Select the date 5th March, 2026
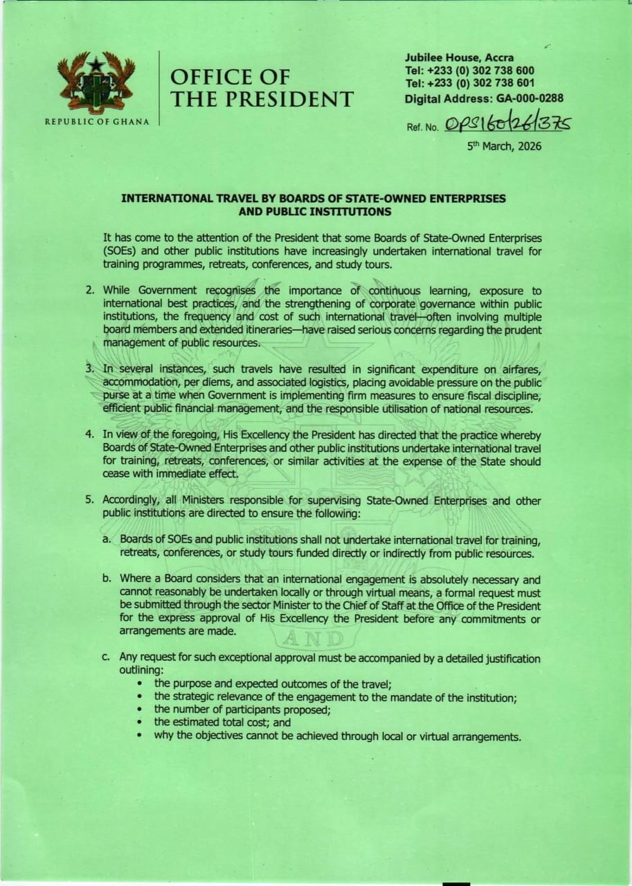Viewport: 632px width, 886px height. click(505, 146)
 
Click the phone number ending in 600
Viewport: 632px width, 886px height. click(485, 71)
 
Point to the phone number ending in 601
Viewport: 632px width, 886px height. click(485, 83)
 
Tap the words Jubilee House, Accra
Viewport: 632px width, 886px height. click(460, 57)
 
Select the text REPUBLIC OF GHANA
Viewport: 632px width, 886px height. click(97, 122)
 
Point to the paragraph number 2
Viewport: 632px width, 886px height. click(90, 291)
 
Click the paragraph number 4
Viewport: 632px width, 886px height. click(90, 435)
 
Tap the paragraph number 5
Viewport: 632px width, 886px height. click(90, 500)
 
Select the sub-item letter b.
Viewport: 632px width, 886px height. click(107, 579)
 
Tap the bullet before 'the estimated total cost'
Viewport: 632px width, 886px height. click(141, 723)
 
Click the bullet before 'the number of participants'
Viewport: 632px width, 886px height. click(141, 710)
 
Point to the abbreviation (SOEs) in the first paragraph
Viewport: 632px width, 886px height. click(121, 251)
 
